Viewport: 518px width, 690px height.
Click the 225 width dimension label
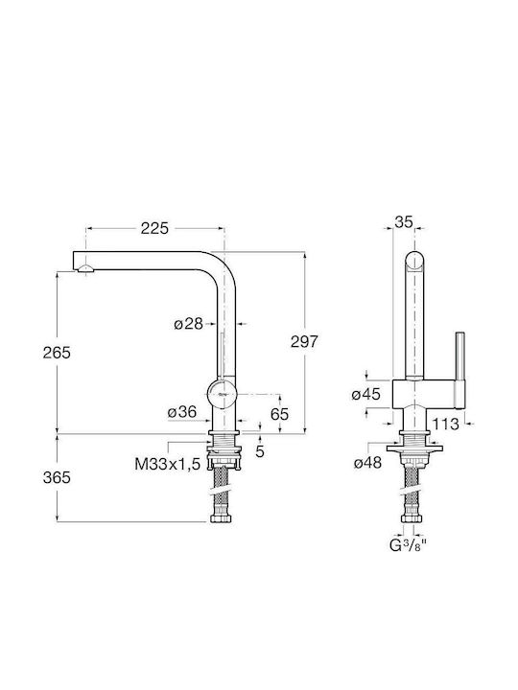click(x=154, y=228)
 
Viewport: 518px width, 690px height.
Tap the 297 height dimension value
click(x=304, y=341)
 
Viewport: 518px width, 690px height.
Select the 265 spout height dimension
click(x=57, y=353)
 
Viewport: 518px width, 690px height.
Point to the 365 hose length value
click(x=57, y=477)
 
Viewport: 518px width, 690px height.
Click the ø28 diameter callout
click(x=189, y=324)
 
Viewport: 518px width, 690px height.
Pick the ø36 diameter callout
click(x=182, y=412)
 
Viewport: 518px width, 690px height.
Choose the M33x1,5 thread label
click(x=167, y=464)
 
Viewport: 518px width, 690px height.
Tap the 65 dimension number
click(x=280, y=414)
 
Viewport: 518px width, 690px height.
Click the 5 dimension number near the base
click(x=260, y=451)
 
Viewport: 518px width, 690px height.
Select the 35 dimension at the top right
click(x=404, y=222)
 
